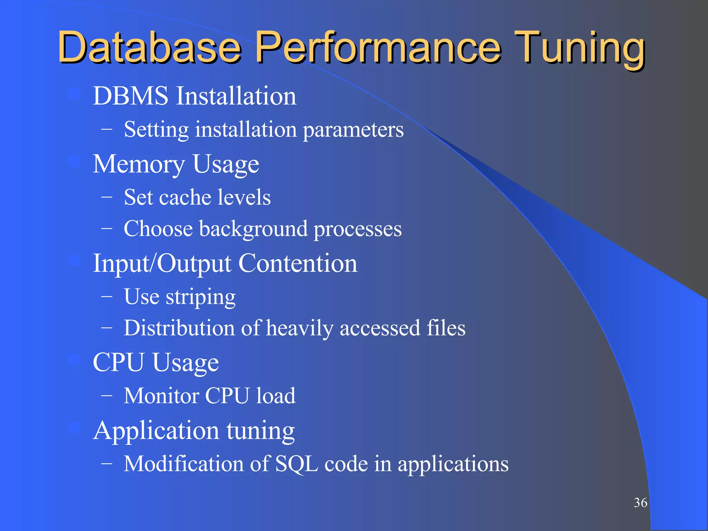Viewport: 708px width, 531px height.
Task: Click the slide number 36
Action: [640, 503]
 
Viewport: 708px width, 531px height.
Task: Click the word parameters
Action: [353, 130]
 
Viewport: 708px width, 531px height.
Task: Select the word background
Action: [253, 230]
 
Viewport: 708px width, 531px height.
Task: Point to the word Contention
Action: [298, 263]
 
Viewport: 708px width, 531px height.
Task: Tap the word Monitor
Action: [161, 396]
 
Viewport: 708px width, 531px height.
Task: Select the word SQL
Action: [297, 464]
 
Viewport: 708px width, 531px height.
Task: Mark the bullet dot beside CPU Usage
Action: [74, 360]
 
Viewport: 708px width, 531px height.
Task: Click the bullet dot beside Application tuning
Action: [74, 428]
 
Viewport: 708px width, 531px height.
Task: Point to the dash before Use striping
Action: [106, 297]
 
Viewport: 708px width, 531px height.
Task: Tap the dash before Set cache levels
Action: [106, 197]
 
